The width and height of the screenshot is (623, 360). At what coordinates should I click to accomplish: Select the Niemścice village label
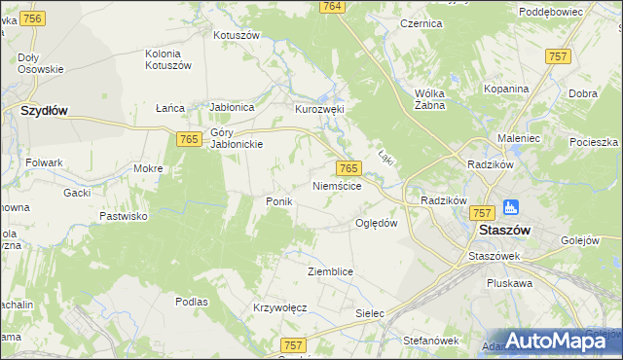338,185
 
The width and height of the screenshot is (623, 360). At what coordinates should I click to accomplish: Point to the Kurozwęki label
320,110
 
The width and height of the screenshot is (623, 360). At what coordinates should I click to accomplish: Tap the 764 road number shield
332,7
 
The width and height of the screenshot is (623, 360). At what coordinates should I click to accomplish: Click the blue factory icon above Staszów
509,208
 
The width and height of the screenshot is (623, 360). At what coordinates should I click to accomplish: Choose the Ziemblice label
329,271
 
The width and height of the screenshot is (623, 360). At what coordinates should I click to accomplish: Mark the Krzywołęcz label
279,307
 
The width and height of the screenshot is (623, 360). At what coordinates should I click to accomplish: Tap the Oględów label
377,223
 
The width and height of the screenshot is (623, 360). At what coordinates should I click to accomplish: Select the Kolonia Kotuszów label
169,59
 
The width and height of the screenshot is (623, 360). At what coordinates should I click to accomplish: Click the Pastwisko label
123,216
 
